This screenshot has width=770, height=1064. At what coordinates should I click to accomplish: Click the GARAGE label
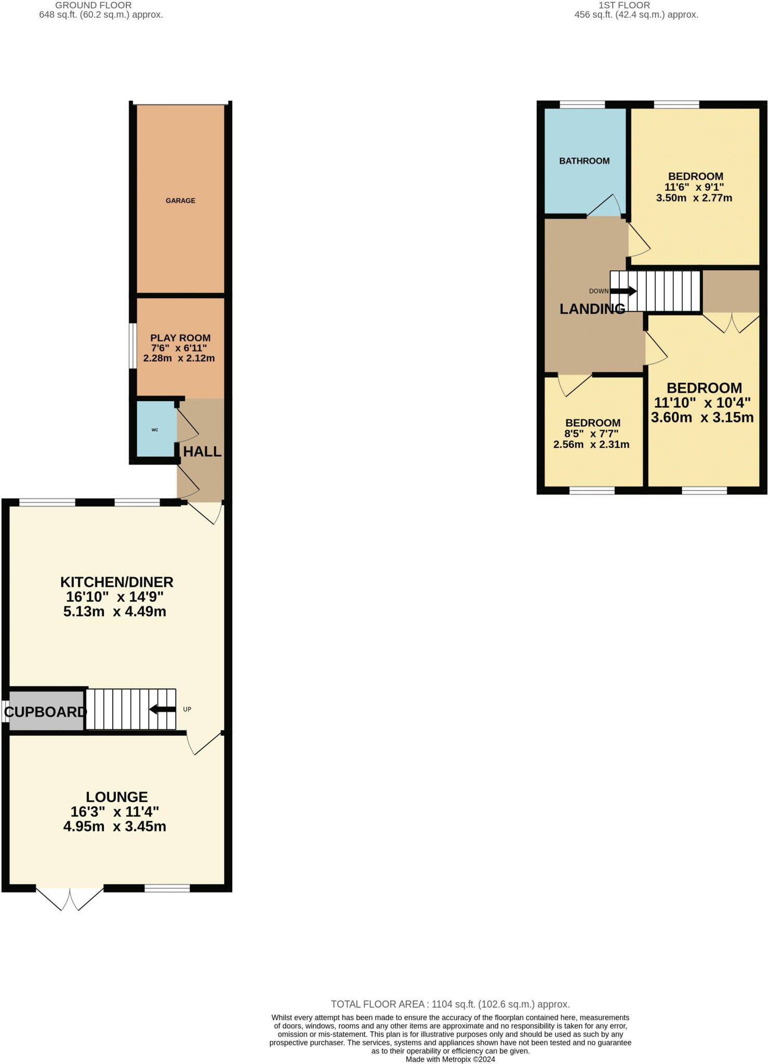(180, 201)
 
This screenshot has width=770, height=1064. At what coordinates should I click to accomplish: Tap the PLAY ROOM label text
(180, 338)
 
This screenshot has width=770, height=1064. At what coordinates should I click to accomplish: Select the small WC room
(155, 430)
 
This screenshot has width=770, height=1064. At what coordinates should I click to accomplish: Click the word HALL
(202, 451)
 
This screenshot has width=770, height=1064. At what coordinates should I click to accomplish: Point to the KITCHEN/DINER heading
(116, 582)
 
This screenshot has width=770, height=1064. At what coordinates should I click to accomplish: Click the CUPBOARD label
(45, 712)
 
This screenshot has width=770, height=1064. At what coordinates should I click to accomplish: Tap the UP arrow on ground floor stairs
(162, 709)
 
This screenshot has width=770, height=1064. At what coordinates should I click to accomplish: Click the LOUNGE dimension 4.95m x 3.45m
(114, 826)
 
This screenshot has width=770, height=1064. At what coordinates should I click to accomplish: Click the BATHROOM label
(584, 161)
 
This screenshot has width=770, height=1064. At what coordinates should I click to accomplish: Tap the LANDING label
(592, 309)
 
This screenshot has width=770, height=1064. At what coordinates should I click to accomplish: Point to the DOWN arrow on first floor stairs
(623, 291)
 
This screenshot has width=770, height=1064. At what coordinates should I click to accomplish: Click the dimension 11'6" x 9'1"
(694, 187)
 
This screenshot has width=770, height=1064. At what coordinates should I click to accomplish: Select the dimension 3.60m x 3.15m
(702, 417)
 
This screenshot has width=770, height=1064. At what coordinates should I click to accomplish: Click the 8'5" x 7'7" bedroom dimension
(592, 434)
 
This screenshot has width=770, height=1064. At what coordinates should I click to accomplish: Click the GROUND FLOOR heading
(94, 5)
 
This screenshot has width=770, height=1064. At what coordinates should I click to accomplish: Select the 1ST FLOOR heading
(624, 5)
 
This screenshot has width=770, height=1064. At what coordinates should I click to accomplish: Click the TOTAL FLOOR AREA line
(450, 1004)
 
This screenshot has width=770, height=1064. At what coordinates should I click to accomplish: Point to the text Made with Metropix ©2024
(450, 1059)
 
